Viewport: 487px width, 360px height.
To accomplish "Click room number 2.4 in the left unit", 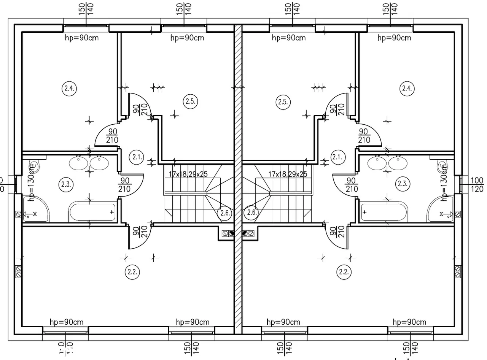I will (69, 89).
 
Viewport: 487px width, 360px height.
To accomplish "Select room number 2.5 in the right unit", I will (282, 102).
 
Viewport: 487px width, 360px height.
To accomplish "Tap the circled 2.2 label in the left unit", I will (132, 272).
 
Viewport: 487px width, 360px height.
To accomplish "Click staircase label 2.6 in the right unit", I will (251, 213).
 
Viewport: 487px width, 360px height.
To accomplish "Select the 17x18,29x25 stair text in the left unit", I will (188, 174).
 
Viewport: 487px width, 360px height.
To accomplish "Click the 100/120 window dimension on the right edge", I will (477, 184).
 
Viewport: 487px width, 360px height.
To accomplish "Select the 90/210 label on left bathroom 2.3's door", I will (125, 185).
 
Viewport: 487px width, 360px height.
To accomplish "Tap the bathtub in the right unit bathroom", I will (384, 212).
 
